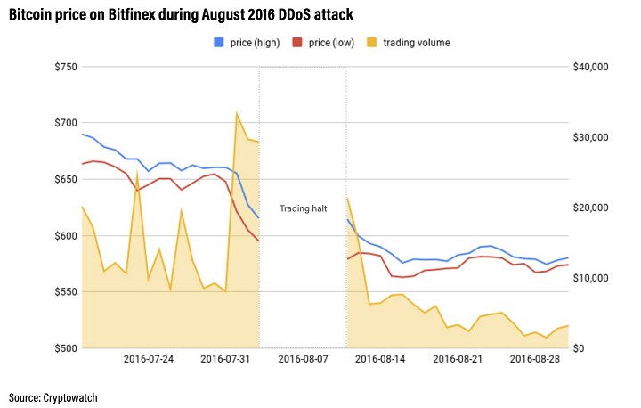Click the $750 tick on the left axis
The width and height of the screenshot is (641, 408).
(65, 67)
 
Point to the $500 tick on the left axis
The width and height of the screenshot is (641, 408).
(65, 348)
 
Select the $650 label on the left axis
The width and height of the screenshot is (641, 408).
(65, 179)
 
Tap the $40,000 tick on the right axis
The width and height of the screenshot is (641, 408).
(589, 67)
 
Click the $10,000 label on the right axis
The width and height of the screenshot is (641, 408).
(589, 278)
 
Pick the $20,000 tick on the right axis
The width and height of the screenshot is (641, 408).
(589, 208)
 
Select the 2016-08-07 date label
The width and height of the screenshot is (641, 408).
(304, 359)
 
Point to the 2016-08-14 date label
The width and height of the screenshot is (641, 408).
(381, 359)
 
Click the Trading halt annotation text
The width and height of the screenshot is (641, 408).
(303, 208)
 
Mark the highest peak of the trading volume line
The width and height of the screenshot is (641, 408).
(236, 113)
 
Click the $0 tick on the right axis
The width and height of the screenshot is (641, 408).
(579, 348)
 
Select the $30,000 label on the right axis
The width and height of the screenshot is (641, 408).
(589, 137)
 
